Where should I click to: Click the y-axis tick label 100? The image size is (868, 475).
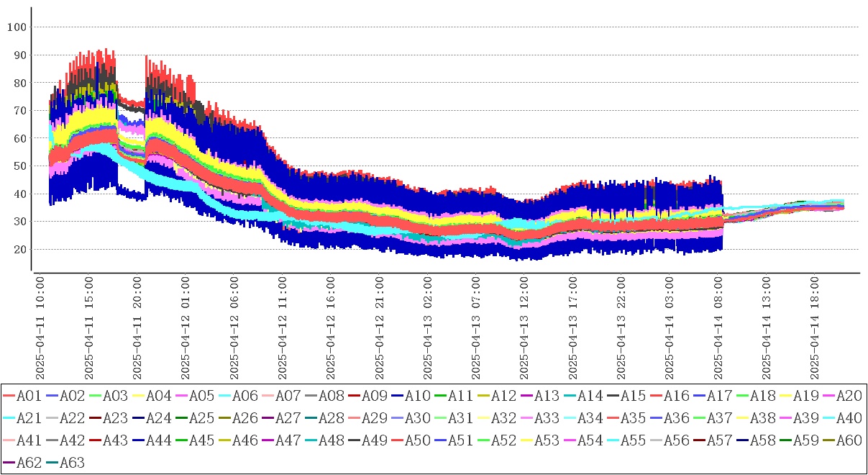[x=16, y=27]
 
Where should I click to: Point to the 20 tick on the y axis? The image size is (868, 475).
[x=19, y=250]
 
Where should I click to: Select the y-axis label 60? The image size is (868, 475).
[x=19, y=138]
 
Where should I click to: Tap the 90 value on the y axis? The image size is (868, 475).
[x=19, y=55]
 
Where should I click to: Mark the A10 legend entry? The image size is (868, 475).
[x=416, y=395]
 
